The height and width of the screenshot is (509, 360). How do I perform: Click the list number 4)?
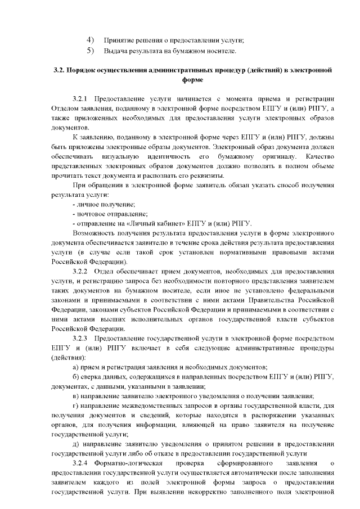[90, 39]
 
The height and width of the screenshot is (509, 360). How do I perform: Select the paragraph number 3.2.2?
[82, 271]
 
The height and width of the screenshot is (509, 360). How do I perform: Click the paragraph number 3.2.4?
[82, 463]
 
